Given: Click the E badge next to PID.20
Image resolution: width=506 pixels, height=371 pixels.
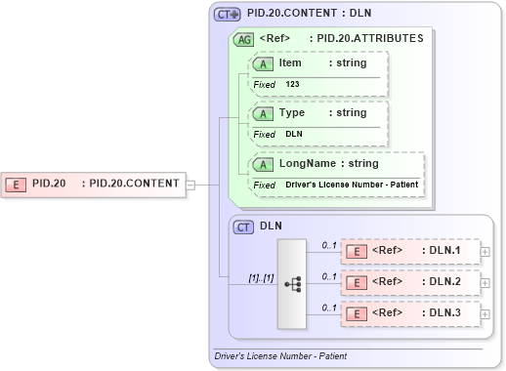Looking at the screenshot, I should click(x=18, y=183).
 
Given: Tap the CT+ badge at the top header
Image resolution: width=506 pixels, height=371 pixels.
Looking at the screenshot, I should click(x=228, y=15).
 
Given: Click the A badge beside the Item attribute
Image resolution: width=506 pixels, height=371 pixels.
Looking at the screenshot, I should click(x=262, y=63).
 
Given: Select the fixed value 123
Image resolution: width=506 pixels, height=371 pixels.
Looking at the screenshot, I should click(x=293, y=85).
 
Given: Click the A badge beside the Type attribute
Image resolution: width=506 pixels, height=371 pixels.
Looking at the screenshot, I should click(x=262, y=113).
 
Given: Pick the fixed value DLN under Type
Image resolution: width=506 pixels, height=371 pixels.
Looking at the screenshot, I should click(x=294, y=134).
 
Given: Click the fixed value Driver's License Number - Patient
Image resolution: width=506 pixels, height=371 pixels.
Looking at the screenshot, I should click(x=353, y=185).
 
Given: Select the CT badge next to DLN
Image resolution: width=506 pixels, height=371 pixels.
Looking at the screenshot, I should click(x=244, y=227).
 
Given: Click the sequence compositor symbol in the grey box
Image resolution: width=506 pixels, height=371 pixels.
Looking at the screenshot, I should click(x=292, y=283).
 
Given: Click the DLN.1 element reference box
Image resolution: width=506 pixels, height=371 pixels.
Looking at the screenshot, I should click(x=410, y=251).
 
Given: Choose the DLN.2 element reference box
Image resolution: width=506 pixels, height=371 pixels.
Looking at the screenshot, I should click(x=410, y=282).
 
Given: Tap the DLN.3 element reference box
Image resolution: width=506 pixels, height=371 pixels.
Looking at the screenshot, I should click(x=410, y=313).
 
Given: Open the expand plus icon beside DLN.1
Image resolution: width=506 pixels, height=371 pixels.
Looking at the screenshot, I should click(x=485, y=251).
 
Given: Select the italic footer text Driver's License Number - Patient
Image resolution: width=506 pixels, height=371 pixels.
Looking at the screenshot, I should click(x=280, y=356).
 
